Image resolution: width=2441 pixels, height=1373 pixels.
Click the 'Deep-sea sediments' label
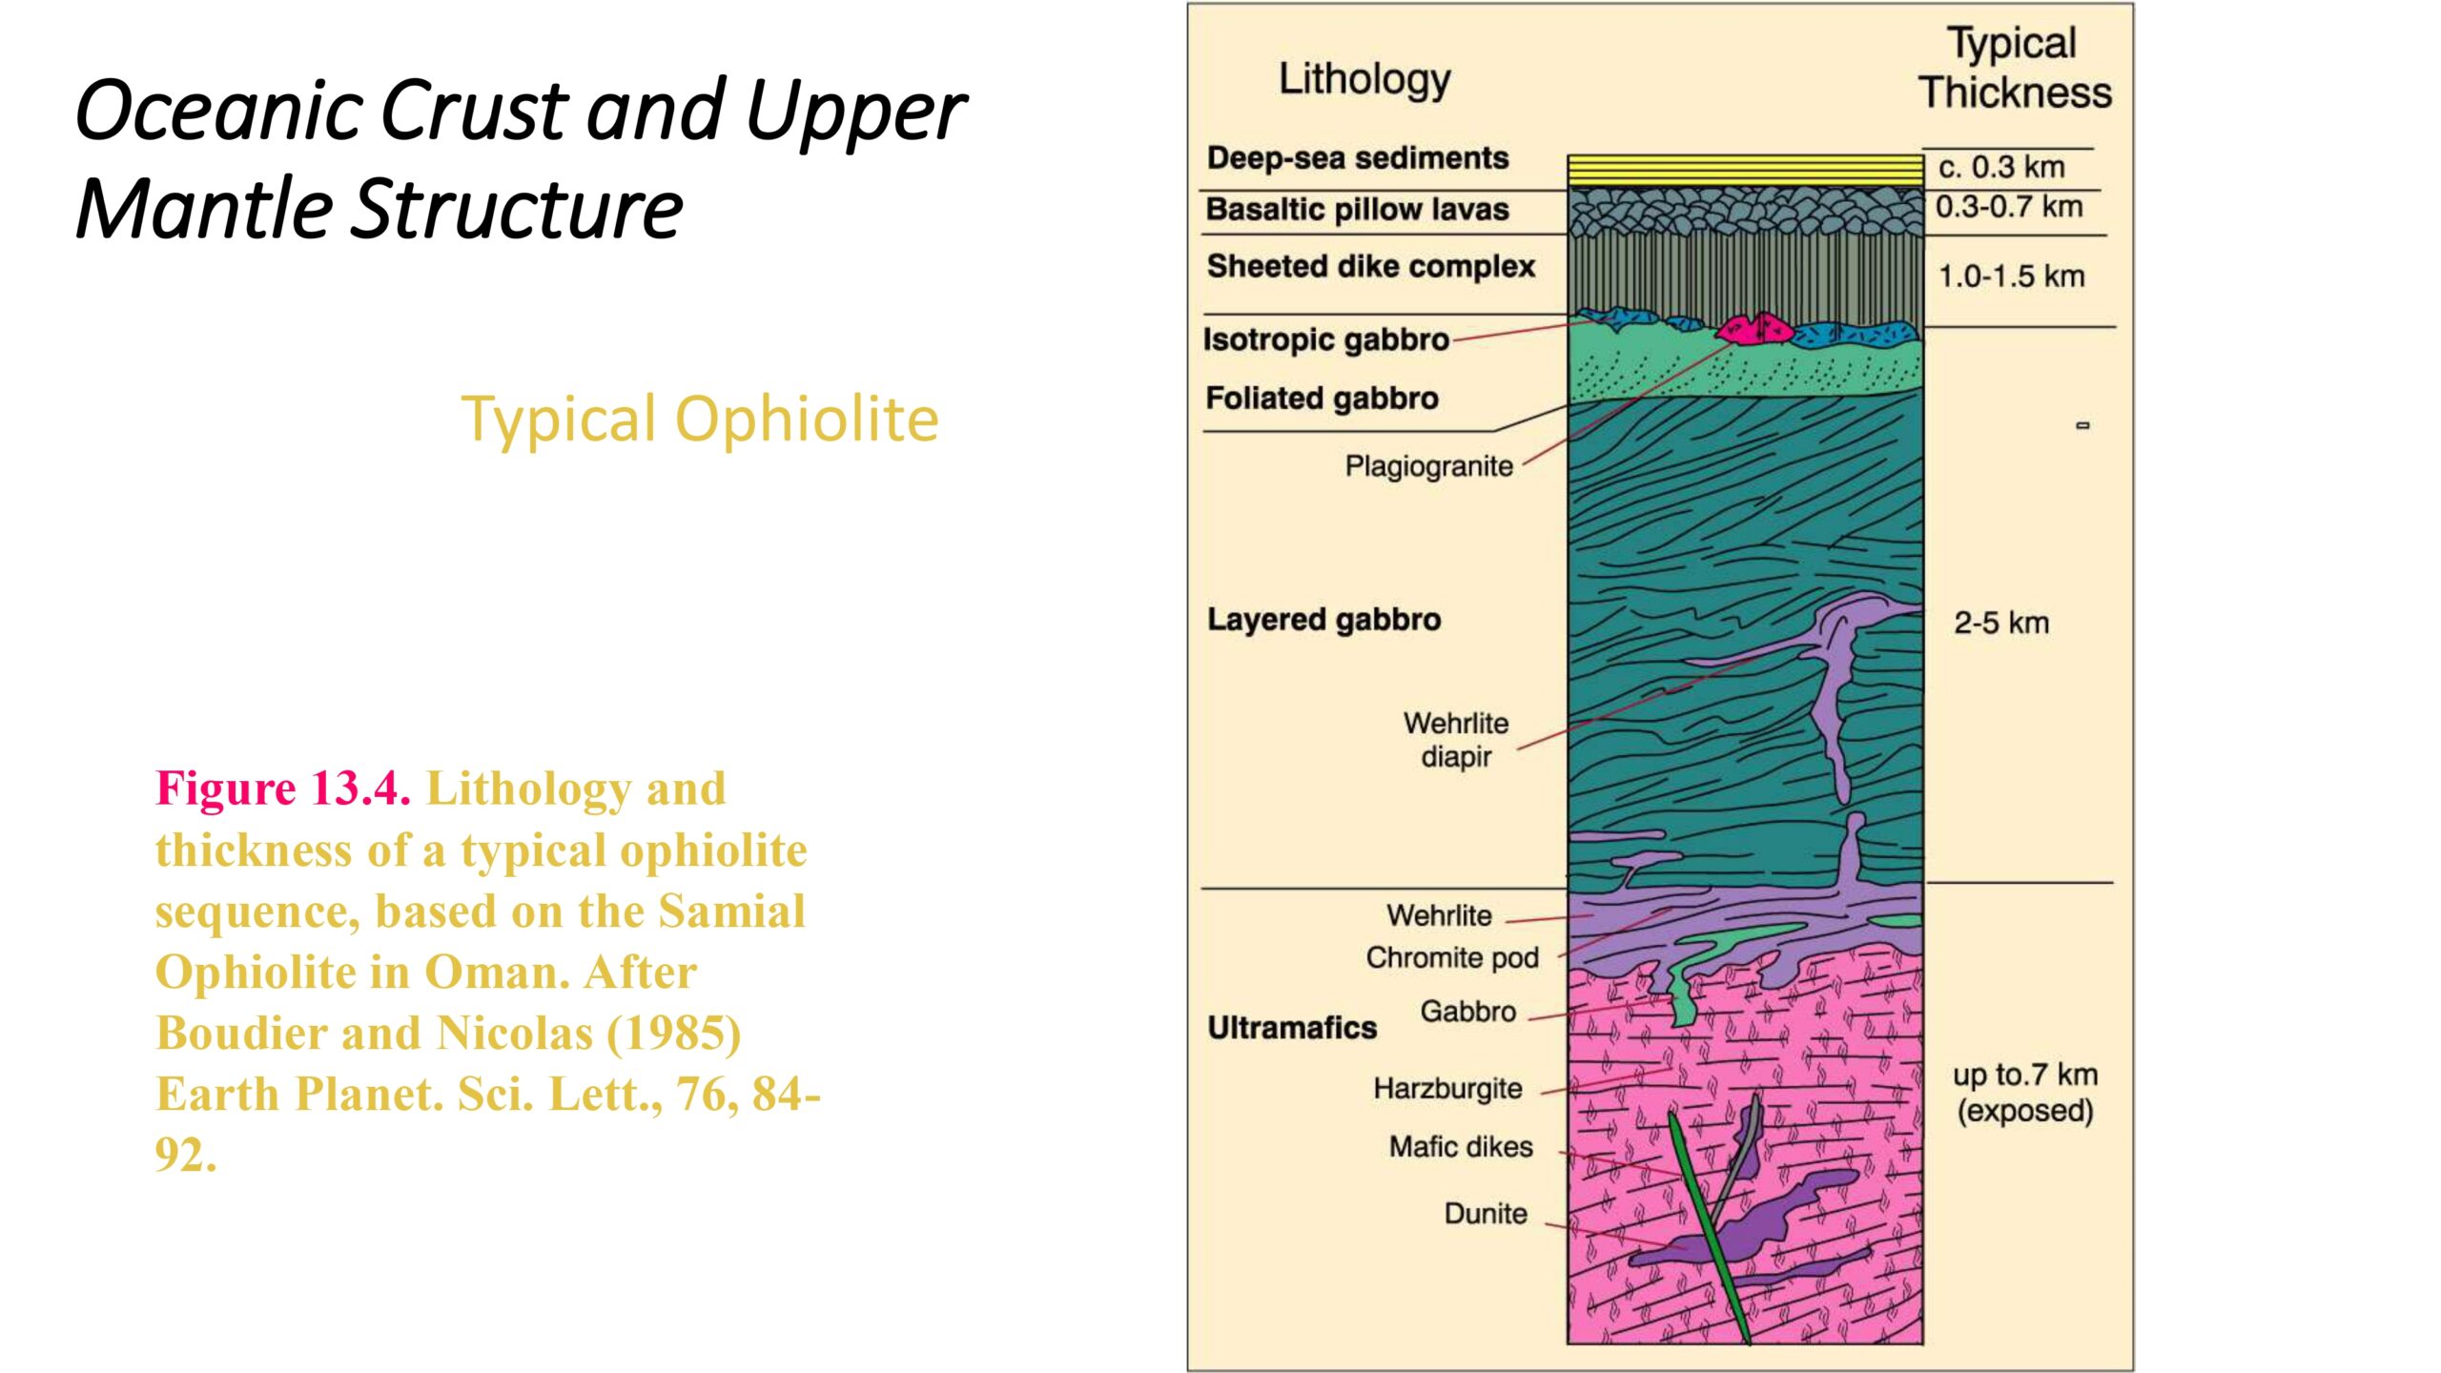[1357, 158]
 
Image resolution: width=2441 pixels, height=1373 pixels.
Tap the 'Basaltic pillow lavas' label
[1357, 210]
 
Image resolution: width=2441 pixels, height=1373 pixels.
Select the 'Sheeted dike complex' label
[1370, 266]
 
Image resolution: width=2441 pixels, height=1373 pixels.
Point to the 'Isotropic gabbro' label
[1325, 339]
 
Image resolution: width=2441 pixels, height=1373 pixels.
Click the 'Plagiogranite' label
[1428, 466]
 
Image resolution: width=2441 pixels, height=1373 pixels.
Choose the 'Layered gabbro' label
[1323, 620]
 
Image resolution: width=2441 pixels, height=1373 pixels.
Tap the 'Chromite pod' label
[1452, 957]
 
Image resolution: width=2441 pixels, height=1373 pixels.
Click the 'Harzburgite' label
[1447, 1089]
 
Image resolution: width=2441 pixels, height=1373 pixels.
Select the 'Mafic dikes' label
[1461, 1147]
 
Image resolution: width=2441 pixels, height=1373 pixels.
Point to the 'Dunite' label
[1486, 1214]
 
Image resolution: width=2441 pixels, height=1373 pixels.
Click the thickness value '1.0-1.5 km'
[2011, 277]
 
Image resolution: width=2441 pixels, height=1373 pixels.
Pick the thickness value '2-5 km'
[2001, 624]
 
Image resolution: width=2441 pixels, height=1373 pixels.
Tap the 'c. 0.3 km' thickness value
[2001, 168]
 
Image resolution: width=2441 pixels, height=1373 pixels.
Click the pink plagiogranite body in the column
[1754, 329]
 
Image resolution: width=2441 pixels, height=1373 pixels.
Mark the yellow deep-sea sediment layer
[1746, 171]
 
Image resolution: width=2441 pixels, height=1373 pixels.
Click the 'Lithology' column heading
[1364, 80]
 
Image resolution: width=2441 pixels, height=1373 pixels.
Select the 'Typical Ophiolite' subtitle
[700, 420]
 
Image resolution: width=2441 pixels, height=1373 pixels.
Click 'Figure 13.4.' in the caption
[283, 789]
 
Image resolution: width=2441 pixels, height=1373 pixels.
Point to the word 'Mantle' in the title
[204, 209]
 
